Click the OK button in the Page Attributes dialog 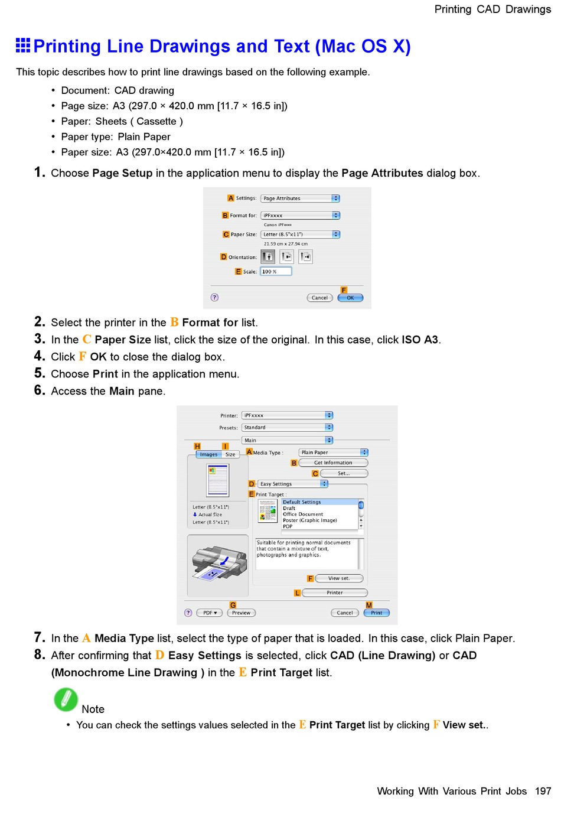350,298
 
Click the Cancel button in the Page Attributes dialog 319,298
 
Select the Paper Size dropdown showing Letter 300,235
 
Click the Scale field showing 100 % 276,272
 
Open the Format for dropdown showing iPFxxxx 300,216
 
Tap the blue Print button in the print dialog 377,613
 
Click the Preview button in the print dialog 241,613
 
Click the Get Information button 333,463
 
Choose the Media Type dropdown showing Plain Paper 333,452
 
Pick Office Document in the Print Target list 303,515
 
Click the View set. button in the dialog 339,579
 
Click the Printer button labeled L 334,592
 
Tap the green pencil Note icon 66,699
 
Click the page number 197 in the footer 543,792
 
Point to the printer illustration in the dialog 218,564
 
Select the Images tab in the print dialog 208,454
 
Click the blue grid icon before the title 23,45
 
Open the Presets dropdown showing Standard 287,428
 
